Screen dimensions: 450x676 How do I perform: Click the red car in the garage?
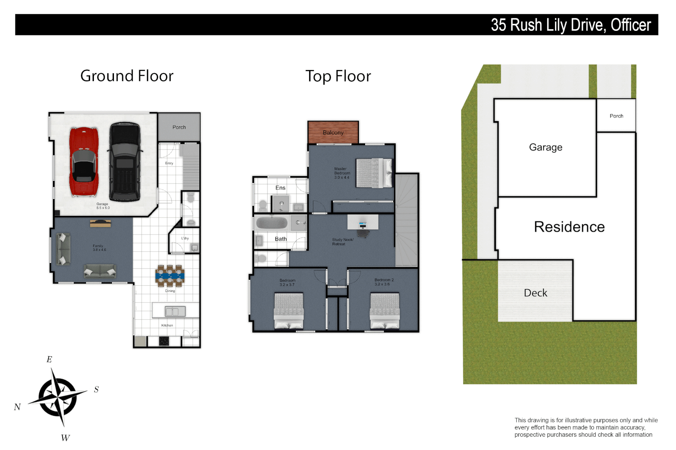(83, 162)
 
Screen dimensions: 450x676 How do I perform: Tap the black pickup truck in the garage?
(124, 162)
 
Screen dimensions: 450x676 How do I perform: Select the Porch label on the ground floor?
(179, 127)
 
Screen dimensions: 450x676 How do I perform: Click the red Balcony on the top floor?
(333, 132)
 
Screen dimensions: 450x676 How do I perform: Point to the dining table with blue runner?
(170, 275)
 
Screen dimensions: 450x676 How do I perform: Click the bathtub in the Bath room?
(272, 223)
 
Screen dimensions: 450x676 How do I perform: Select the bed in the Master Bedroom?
(374, 173)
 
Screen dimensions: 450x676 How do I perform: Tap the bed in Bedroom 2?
(385, 311)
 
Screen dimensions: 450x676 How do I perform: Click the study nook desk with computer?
(363, 223)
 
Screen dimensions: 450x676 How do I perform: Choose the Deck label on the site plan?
(535, 293)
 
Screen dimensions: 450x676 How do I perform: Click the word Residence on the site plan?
(569, 227)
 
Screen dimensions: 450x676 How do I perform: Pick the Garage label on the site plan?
(545, 147)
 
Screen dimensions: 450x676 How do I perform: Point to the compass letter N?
(17, 407)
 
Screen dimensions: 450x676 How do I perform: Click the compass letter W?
(66, 438)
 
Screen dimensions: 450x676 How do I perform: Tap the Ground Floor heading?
(127, 76)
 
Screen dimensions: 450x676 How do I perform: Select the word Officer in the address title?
(631, 25)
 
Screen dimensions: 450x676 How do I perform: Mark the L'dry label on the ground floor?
(185, 238)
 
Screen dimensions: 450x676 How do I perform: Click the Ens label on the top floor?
(280, 188)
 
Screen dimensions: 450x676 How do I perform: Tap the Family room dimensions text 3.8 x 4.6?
(99, 250)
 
